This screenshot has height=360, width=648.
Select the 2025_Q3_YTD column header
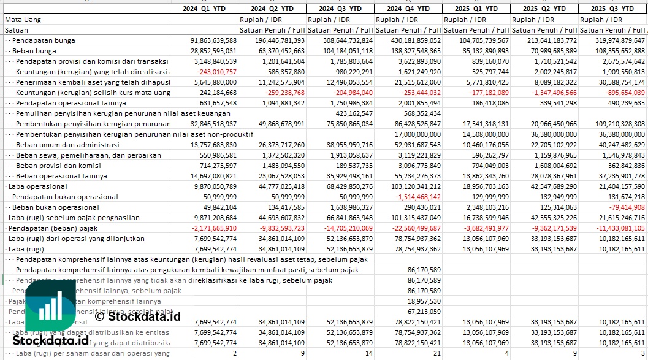612,9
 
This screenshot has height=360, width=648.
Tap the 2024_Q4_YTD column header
408,9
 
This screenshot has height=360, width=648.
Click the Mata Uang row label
23,20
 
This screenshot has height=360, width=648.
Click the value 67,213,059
424,312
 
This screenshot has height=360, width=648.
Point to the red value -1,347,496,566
544,93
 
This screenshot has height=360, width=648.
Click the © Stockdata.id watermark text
138,317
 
